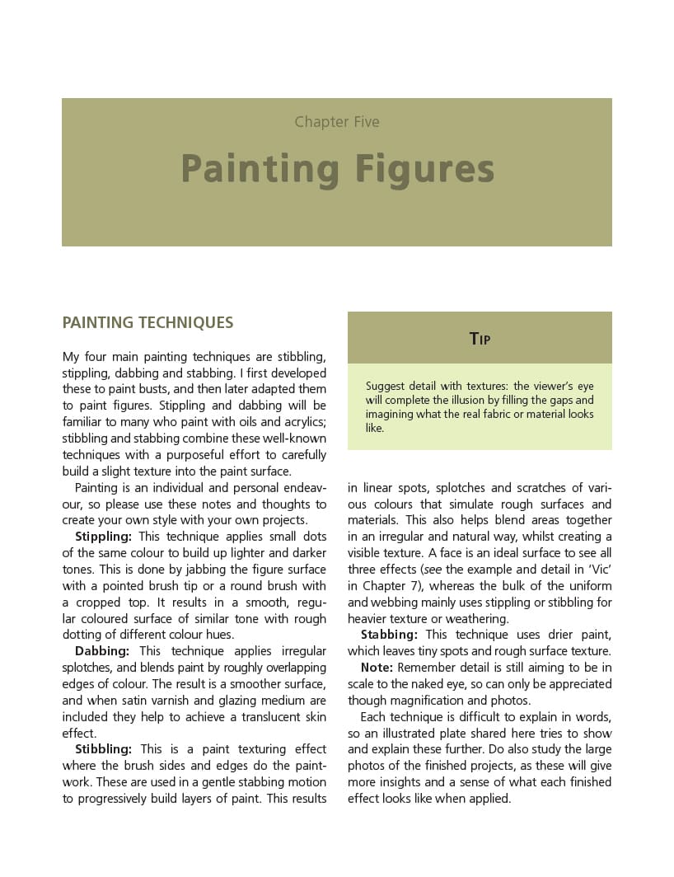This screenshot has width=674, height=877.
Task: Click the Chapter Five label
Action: (337, 122)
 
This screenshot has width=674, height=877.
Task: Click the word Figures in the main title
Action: (424, 169)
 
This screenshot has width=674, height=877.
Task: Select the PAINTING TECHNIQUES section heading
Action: (147, 323)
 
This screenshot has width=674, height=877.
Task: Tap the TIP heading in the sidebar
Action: (480, 338)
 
